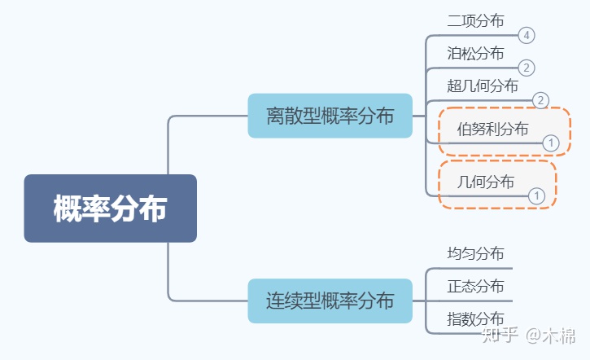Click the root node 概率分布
[x=110, y=209]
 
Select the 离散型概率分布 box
[x=330, y=116]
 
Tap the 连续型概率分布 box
[x=330, y=301]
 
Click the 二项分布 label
[x=475, y=21]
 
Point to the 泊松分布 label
[x=475, y=54]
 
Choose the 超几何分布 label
[x=483, y=86]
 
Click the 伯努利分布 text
[x=492, y=129]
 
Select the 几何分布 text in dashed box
[x=486, y=182]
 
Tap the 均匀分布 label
[x=475, y=253]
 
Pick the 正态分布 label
[x=475, y=286]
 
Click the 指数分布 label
[x=475, y=318]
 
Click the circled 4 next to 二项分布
[x=527, y=35]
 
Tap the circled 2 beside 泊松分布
[x=527, y=68]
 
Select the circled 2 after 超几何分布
[x=541, y=100]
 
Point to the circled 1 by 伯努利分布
[x=551, y=143]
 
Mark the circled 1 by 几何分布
[x=536, y=195]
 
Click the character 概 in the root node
[x=68, y=209]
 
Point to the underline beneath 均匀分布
[x=469, y=268]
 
